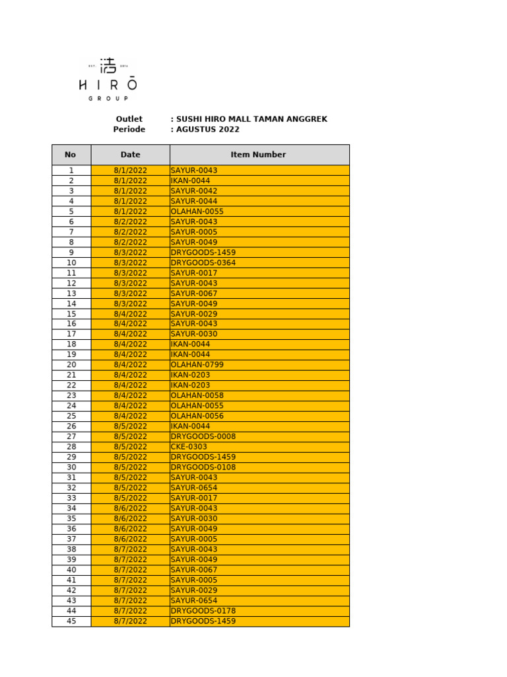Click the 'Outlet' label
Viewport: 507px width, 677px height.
point(129,119)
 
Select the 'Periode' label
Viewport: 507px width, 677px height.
point(129,130)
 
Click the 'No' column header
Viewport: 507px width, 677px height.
point(71,155)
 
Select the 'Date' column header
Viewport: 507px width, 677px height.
point(130,155)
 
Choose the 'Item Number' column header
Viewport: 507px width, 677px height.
point(258,155)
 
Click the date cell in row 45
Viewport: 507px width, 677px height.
point(130,621)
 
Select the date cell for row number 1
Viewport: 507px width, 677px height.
point(130,171)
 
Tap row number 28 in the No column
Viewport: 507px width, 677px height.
point(71,447)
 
